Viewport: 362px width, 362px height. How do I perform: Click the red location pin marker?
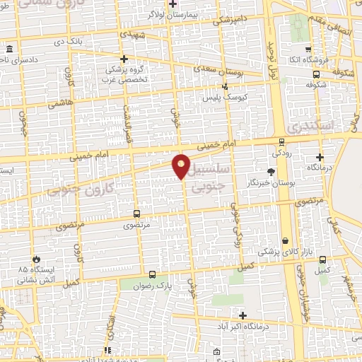182,165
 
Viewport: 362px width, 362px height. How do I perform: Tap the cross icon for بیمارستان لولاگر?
173,4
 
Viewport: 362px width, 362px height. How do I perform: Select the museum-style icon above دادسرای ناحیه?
9,49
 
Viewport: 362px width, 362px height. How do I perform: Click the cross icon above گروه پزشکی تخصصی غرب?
124,59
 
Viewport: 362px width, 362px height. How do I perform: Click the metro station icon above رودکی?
281,141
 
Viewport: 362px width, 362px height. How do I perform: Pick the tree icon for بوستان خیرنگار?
271,172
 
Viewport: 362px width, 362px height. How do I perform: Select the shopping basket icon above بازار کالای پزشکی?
286,241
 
